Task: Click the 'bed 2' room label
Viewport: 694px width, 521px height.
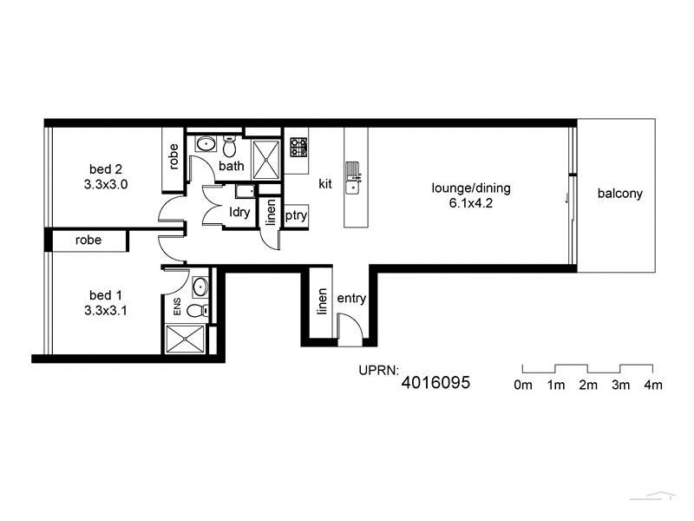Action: coord(106,168)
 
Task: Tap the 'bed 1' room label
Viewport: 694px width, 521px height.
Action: coord(106,293)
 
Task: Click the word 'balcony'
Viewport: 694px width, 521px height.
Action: coord(619,194)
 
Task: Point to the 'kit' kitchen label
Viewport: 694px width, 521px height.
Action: coord(325,183)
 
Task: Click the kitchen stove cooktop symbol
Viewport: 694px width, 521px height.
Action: coord(298,147)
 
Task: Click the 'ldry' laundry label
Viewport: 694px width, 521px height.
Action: coord(239,212)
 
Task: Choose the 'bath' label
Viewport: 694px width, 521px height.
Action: coord(231,166)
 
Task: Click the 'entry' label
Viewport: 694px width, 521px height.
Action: coord(351,299)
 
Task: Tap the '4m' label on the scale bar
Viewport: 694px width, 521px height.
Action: coord(652,385)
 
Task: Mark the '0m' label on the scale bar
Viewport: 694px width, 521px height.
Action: coord(523,385)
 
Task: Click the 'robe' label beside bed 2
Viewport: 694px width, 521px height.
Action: coord(173,156)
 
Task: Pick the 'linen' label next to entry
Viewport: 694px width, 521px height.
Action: coord(322,302)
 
